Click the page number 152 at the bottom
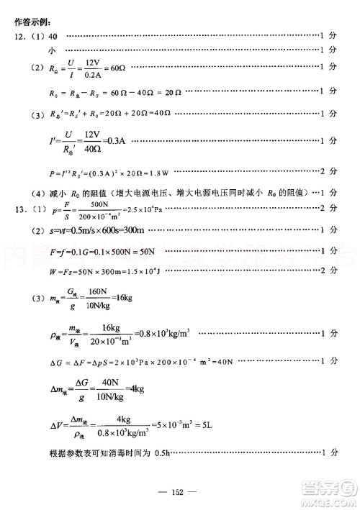[179, 491]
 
